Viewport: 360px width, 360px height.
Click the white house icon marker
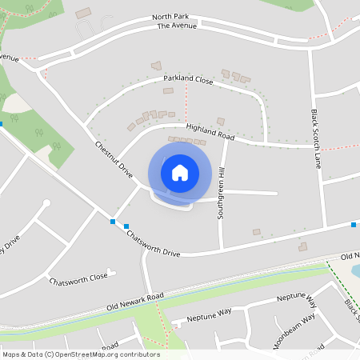pos(180,172)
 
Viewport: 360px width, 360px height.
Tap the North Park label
pos(170,16)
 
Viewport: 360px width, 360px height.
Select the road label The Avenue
pos(176,26)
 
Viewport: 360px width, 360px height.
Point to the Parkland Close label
pos(189,82)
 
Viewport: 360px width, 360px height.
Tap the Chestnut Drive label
pos(114,160)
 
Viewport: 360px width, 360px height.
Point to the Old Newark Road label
pos(135,302)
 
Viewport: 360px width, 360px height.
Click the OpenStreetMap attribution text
pos(80,354)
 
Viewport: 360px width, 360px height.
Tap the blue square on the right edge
pos(354,225)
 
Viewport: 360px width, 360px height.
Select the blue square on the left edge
pos(2,123)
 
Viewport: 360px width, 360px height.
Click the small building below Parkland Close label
pos(168,91)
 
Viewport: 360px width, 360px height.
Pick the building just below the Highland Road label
pos(221,122)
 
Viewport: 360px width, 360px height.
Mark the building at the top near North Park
pos(83,14)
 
